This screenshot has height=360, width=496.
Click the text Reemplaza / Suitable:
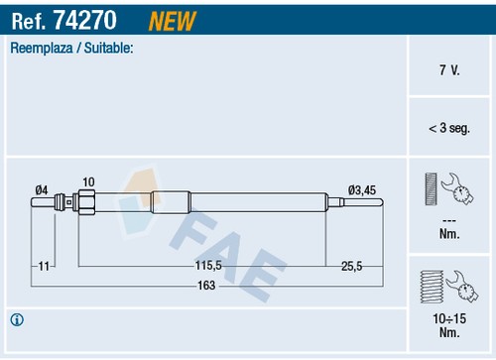71,48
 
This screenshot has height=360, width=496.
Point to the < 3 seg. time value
448,128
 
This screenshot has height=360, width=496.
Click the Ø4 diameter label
42,189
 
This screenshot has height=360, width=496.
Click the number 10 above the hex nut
88,181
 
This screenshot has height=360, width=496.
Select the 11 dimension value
44,266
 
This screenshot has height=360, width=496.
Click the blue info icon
17,319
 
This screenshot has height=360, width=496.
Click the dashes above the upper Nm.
448,220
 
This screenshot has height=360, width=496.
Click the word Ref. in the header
30,18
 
